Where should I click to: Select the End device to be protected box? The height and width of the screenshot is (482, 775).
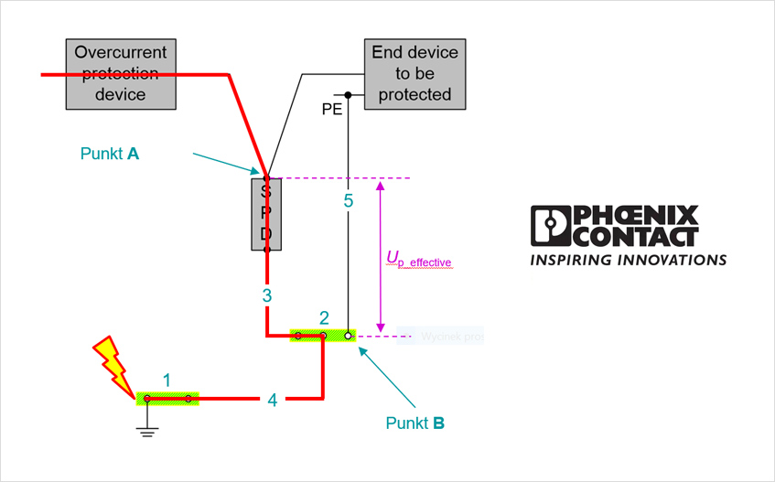[414, 73]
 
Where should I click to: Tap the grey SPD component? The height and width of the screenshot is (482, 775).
[266, 214]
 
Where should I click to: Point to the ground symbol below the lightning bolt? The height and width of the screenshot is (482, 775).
[146, 427]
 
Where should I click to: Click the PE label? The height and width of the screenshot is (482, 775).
[331, 109]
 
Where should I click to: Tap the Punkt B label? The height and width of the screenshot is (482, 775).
[415, 423]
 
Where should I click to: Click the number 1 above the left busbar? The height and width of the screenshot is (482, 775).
[167, 380]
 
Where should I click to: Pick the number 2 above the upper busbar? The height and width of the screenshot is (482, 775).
[324, 318]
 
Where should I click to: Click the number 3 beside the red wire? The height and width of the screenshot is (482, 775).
[266, 295]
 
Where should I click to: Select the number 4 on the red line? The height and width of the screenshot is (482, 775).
[272, 400]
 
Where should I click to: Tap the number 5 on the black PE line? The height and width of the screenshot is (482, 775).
[348, 201]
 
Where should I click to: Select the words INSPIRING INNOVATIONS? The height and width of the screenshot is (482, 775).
[629, 260]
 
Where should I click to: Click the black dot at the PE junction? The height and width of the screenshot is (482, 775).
[348, 94]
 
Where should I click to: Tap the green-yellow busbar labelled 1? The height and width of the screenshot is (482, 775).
[167, 398]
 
